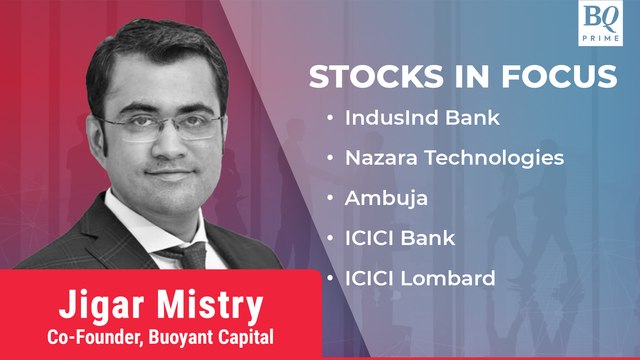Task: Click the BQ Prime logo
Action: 605,23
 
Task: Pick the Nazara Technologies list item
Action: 454,158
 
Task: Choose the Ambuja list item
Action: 386,198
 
